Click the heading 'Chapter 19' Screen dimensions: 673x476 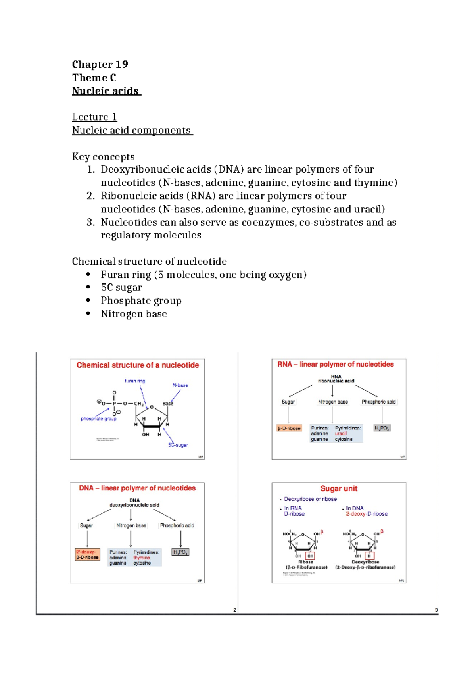click(100, 64)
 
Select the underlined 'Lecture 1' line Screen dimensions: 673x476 click(94, 117)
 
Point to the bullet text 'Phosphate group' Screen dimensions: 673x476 click(141, 301)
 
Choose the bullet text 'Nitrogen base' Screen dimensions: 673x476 click(134, 314)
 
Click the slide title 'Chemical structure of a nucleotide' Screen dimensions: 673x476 click(138, 365)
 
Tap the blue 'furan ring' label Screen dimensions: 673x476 click(135, 381)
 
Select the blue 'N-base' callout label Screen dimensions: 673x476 click(180, 385)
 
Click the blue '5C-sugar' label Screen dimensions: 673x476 click(178, 445)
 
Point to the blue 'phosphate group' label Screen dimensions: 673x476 click(98, 419)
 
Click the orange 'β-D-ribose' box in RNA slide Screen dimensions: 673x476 click(289, 428)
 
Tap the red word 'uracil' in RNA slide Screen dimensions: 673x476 click(341, 434)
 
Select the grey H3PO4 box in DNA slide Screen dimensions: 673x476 click(180, 552)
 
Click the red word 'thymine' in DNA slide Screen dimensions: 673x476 click(142, 558)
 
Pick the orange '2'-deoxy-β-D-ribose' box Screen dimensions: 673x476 click(87, 554)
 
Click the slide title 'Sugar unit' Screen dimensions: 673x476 click(339, 488)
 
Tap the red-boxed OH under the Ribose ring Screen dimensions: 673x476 click(310, 556)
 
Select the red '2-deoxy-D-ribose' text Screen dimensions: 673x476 click(367, 514)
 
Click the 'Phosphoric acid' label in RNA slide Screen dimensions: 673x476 click(378, 402)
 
